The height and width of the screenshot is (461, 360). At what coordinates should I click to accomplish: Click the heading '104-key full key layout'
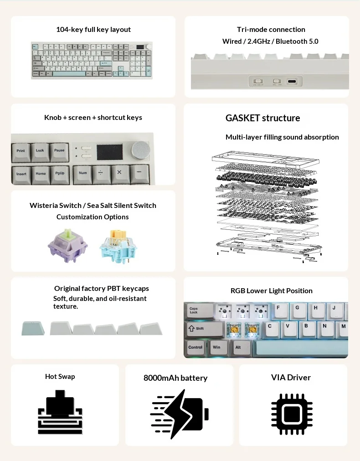coord(93,30)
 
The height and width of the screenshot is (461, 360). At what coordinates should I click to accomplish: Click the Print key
coord(21,151)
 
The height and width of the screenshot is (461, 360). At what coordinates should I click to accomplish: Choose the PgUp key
coord(60,174)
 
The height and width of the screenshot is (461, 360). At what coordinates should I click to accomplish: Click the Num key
coord(83,174)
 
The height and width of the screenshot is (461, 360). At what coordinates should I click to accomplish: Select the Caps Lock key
coord(199,311)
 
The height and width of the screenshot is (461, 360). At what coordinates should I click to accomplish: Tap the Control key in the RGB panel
coord(195,348)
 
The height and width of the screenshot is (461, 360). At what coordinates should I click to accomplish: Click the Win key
coord(217,348)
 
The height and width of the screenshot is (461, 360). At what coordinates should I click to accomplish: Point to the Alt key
coord(238,348)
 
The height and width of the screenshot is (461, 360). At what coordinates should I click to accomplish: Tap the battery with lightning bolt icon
coord(179,414)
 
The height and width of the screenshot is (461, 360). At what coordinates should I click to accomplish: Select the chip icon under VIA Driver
coord(292,414)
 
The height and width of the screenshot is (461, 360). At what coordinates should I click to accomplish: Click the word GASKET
coord(244,118)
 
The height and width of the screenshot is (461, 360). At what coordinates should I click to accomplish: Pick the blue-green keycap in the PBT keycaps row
coord(33,328)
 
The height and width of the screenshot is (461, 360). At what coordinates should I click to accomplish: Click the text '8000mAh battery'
coord(175,378)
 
